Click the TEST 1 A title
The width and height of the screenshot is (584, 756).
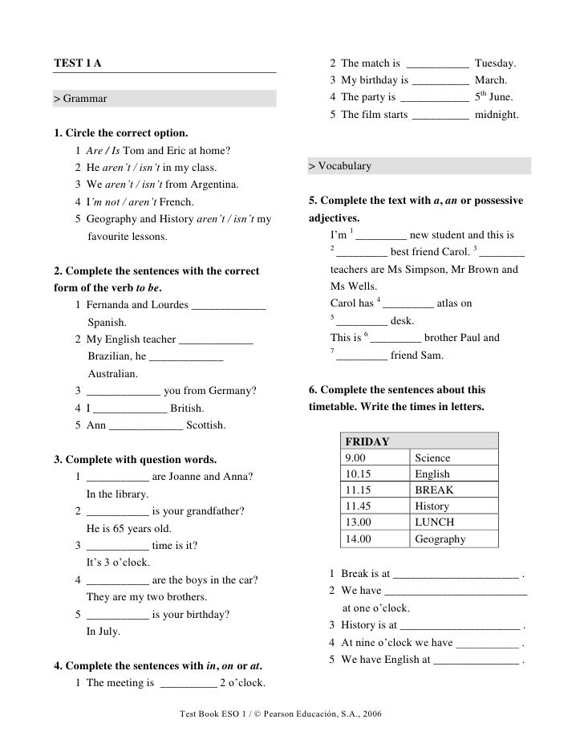(78, 63)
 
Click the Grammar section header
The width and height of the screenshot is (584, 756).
(80, 99)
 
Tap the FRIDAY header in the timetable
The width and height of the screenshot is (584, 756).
(367, 441)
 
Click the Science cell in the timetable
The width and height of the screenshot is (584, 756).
(432, 457)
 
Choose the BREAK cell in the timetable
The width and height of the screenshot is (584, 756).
(434, 490)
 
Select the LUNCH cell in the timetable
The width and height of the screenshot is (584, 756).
(435, 522)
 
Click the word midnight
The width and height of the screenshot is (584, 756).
(497, 116)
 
